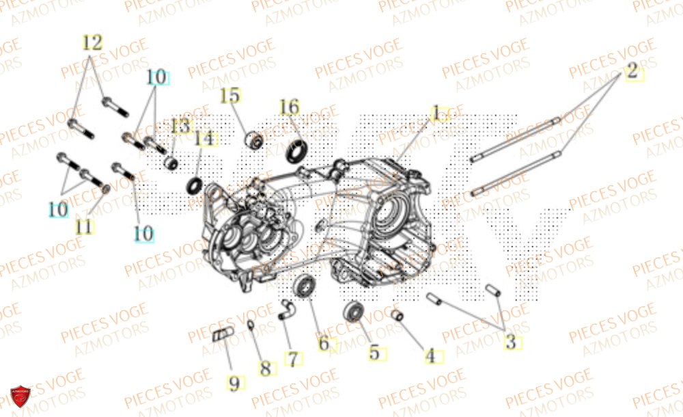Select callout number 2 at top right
tap(632, 70)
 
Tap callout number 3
tap(510, 342)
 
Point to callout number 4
tap(430, 355)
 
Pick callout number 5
tap(374, 353)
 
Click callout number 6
tap(324, 344)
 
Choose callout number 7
tap(292, 359)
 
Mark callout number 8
tap(265, 368)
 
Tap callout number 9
tap(234, 384)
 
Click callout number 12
tap(92, 42)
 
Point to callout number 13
tap(180, 126)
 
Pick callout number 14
tap(204, 139)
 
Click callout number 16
tap(289, 107)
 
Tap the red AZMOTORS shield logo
tap(20, 396)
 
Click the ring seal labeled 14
tap(195, 185)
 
